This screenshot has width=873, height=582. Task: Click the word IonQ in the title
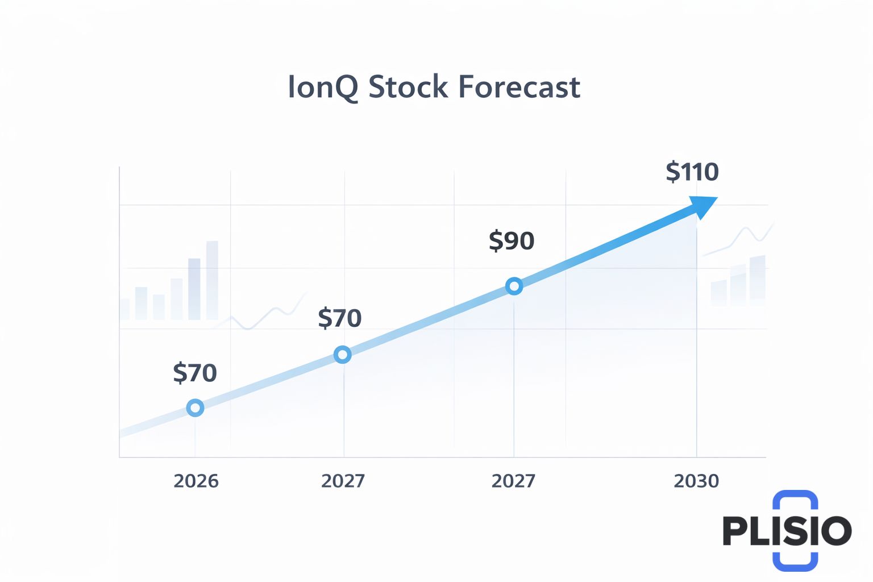click(x=323, y=88)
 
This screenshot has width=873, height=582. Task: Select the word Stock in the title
click(x=408, y=88)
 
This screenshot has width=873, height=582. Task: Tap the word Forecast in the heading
click(x=519, y=88)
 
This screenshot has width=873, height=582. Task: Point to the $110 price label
click(x=692, y=172)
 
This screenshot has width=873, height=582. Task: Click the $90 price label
click(x=512, y=241)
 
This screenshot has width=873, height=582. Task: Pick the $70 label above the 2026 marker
click(x=195, y=373)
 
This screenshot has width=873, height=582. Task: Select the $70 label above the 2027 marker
click(x=340, y=318)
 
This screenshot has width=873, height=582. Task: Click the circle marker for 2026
click(x=195, y=408)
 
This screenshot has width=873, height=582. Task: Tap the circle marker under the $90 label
click(x=514, y=286)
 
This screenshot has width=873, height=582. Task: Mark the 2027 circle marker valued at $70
click(x=342, y=355)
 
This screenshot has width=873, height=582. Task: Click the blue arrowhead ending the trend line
click(x=702, y=206)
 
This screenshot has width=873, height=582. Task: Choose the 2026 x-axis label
click(x=196, y=481)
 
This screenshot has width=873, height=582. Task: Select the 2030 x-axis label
click(x=696, y=481)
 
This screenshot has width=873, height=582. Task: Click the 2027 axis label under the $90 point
click(x=513, y=481)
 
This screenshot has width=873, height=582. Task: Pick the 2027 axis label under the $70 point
click(x=343, y=481)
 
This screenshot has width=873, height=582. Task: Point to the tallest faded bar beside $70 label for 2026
click(x=212, y=280)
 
